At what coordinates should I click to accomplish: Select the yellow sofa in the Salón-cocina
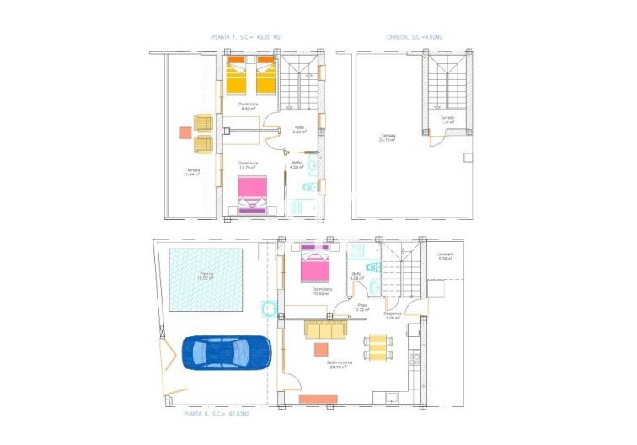tap(326, 329)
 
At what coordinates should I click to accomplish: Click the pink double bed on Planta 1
tap(252, 196)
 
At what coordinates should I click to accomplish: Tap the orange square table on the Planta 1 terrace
tap(185, 132)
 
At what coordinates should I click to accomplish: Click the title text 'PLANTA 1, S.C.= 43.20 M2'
tap(247, 37)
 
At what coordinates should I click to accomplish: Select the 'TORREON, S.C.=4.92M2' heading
tap(413, 37)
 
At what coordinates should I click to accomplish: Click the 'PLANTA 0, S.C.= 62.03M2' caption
tap(216, 414)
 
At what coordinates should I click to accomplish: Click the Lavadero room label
tap(445, 256)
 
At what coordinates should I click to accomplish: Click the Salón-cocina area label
tap(339, 363)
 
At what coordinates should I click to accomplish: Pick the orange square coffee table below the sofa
tap(321, 350)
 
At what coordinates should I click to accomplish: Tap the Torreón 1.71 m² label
tap(447, 120)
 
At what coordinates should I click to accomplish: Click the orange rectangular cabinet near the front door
tap(318, 398)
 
